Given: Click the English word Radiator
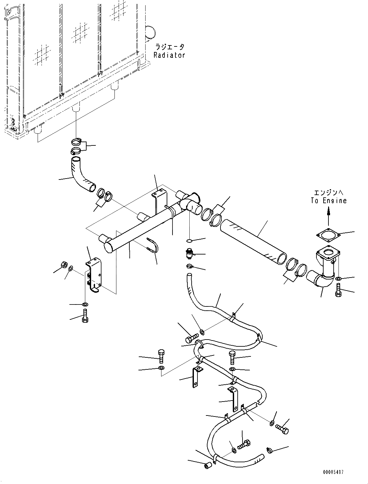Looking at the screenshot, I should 169,55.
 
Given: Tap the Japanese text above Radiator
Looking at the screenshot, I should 169,47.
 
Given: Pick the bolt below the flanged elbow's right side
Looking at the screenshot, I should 338,290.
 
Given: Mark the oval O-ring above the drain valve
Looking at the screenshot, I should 190,241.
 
